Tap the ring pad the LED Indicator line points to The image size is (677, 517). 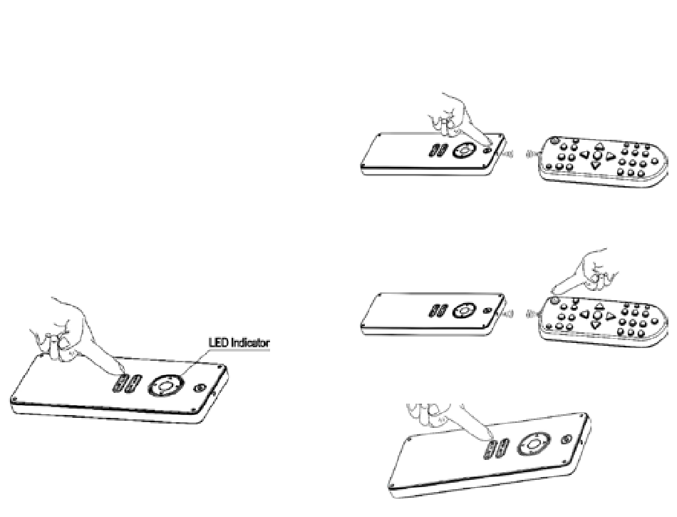tap(165, 386)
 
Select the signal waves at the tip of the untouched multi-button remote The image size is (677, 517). tap(530, 154)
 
